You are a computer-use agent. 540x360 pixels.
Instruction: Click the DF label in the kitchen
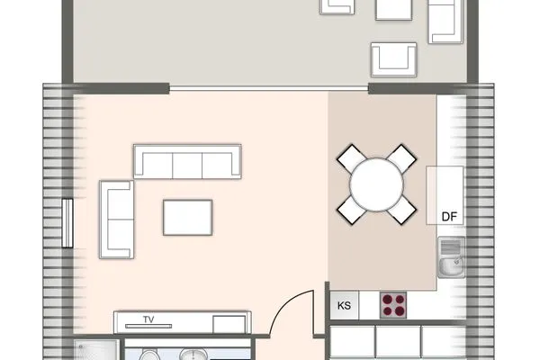click(x=449, y=216)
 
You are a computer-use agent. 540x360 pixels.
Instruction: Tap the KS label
click(x=344, y=305)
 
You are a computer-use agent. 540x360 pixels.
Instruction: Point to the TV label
click(x=149, y=320)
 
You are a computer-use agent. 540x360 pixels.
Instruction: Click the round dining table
click(x=378, y=185)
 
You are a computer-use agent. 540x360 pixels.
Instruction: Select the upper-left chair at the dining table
click(x=351, y=158)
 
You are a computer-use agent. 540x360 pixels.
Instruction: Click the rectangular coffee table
click(x=188, y=216)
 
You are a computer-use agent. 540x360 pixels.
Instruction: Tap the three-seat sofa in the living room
click(x=188, y=161)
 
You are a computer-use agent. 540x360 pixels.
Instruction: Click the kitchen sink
click(x=450, y=258)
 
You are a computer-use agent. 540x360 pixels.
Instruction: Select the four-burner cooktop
click(x=393, y=304)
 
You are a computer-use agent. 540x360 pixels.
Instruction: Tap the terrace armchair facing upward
click(x=394, y=58)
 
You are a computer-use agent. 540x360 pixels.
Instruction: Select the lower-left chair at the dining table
click(x=351, y=211)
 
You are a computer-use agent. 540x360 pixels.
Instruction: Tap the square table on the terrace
click(x=393, y=8)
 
